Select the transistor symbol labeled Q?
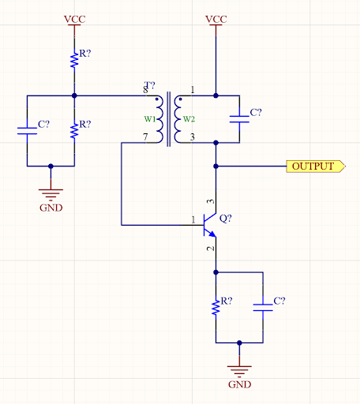[209, 225]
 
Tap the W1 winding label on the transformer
[148, 119]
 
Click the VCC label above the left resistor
[74, 17]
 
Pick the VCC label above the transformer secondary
[216, 17]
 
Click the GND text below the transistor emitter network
[239, 385]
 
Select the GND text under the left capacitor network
[51, 208]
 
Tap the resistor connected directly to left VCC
[74, 58]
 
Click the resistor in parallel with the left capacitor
[74, 129]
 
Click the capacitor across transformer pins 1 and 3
[239, 119]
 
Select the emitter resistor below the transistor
[216, 306]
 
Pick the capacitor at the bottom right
[263, 306]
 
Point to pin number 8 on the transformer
[144, 91]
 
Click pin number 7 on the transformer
[144, 137]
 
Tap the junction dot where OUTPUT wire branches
[216, 166]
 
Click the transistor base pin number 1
[192, 220]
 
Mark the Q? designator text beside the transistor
[225, 218]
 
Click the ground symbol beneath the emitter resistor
[239, 368]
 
